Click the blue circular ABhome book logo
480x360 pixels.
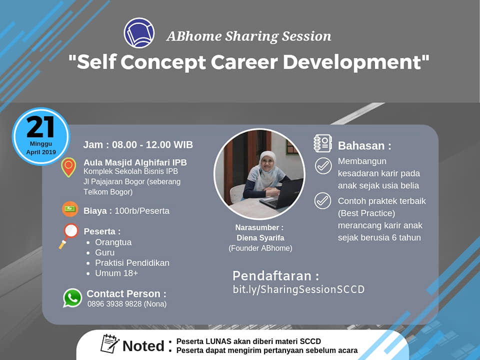click(139, 33)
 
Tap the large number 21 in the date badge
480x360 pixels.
click(40, 127)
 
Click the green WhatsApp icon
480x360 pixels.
click(72, 298)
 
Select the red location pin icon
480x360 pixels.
click(68, 167)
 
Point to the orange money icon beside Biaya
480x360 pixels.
click(70, 209)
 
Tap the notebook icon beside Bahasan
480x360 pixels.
click(322, 143)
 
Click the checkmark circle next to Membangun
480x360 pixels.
click(323, 166)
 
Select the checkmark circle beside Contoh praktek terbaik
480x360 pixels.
click(322, 201)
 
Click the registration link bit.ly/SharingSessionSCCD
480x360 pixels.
click(298, 289)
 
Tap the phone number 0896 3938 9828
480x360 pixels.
click(114, 304)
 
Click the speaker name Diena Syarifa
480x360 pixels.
click(260, 238)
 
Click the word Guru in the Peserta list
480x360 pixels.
click(104, 252)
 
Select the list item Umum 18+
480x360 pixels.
click(116, 273)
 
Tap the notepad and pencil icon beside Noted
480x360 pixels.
click(109, 344)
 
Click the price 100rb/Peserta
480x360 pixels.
click(142, 211)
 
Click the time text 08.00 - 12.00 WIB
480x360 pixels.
click(152, 144)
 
